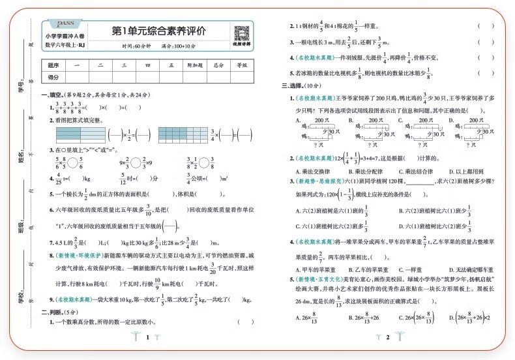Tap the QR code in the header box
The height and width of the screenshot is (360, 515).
tap(241, 31)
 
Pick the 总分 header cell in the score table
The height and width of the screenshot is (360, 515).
tap(218, 65)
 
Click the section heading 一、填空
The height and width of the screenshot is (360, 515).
tap(52, 95)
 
